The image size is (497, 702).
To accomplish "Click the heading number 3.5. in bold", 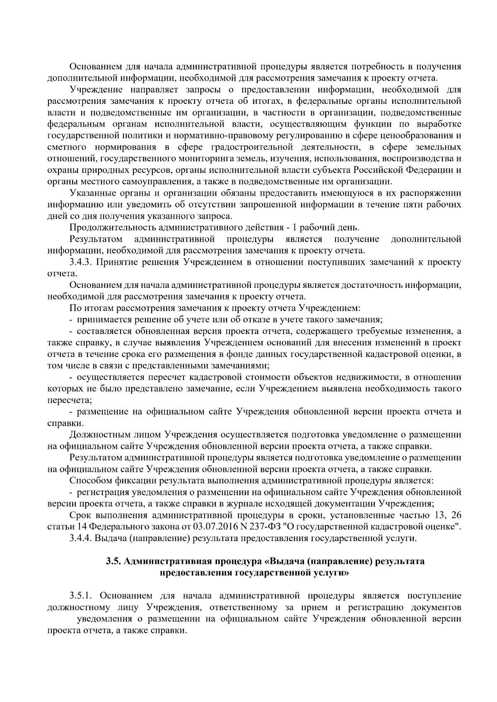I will click(113, 561).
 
